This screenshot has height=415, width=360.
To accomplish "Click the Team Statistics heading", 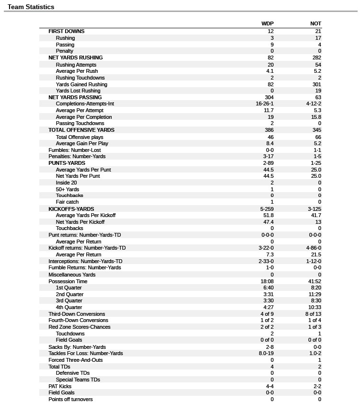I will click(31, 7).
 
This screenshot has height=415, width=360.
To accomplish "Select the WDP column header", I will click(267, 23).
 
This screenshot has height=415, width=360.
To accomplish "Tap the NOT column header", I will click(315, 23).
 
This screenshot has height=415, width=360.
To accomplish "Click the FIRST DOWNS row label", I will click(66, 31).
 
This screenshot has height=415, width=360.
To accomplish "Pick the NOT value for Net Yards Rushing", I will click(316, 58).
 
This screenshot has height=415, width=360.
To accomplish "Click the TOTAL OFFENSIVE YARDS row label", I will click(81, 130).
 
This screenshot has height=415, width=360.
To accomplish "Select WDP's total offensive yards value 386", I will click(269, 130).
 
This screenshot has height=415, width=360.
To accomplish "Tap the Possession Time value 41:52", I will click(314, 281).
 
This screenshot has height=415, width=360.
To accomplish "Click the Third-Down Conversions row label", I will click(77, 314).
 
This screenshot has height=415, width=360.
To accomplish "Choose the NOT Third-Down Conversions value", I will click(313, 314).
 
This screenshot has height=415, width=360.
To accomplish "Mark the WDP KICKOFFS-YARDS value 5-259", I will click(267, 209).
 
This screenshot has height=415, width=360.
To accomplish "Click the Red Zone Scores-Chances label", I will click(79, 327).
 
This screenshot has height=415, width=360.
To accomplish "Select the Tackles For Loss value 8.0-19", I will click(266, 353).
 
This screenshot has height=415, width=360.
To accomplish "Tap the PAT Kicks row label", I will click(60, 386).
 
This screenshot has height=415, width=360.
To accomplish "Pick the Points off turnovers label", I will click(70, 399).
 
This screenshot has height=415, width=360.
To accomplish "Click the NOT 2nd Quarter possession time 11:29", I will click(314, 294).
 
